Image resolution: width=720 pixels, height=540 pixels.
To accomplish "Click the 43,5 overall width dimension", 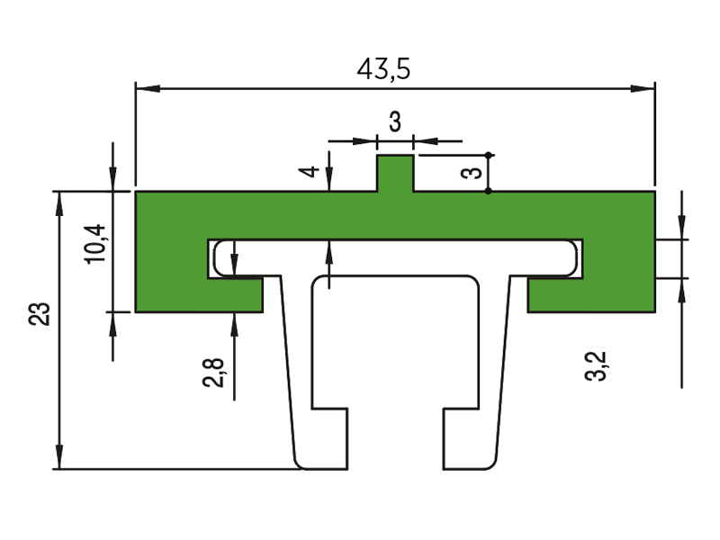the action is tap(383, 70).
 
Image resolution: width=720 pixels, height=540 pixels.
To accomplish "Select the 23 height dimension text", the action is tap(40, 314).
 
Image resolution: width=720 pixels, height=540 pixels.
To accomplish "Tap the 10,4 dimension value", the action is tap(95, 244).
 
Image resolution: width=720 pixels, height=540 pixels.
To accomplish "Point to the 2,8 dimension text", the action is tap(213, 373).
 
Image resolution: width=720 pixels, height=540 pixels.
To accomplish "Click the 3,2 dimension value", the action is tap(596, 366).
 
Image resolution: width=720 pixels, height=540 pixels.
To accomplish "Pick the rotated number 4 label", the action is tap(309, 171).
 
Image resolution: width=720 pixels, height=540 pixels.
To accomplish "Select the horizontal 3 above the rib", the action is tap(395, 122).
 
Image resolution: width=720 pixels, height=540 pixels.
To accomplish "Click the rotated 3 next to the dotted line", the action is tap(472, 173).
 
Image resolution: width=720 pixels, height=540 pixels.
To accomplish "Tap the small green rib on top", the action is tap(395, 173).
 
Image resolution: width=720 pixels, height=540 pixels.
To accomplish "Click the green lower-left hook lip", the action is tap(235, 295).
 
